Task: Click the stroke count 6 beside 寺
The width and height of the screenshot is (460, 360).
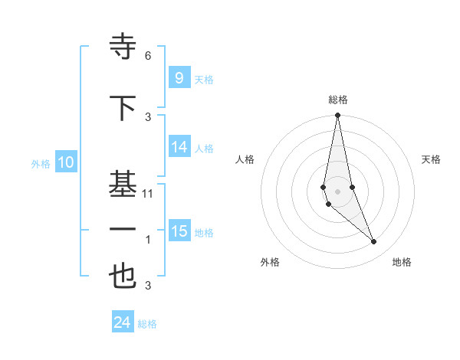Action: (x=148, y=56)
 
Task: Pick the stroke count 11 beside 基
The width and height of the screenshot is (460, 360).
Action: (x=148, y=194)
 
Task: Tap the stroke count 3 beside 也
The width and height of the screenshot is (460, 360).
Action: (x=148, y=286)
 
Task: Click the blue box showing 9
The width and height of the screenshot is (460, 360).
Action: (x=179, y=77)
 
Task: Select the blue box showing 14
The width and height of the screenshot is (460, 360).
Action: (x=179, y=147)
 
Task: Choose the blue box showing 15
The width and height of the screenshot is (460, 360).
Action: (x=179, y=231)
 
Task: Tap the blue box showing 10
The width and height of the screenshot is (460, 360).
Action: (x=65, y=162)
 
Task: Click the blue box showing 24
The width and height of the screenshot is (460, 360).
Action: (x=122, y=322)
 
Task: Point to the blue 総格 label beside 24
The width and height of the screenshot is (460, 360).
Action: (x=147, y=324)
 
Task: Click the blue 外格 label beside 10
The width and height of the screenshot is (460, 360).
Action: (x=41, y=164)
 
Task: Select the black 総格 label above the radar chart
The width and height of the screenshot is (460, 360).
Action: (x=337, y=100)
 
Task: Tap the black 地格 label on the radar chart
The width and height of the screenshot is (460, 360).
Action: (x=402, y=263)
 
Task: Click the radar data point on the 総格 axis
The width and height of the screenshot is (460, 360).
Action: (x=337, y=116)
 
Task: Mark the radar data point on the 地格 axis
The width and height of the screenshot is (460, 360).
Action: (x=374, y=242)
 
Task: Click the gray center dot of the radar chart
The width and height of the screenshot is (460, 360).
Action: (x=337, y=191)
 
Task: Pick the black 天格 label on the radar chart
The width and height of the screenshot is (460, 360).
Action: (x=432, y=159)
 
